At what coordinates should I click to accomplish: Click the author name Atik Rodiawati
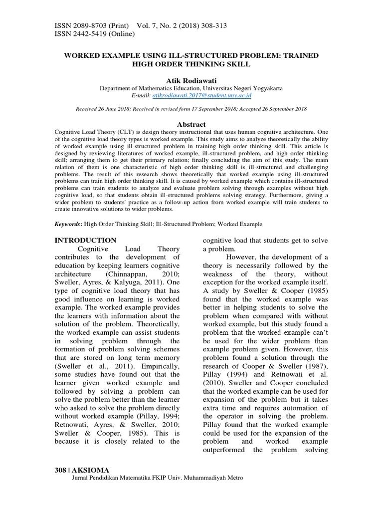click(x=191, y=80)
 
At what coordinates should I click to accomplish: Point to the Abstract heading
click(x=191, y=124)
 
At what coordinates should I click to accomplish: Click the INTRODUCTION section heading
click(x=85, y=240)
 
